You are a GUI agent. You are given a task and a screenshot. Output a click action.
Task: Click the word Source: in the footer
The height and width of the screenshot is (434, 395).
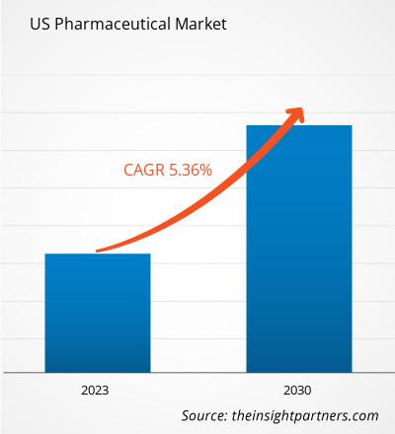[x=210, y=416]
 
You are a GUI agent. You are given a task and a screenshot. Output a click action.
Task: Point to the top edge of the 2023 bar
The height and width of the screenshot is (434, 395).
[x=98, y=254]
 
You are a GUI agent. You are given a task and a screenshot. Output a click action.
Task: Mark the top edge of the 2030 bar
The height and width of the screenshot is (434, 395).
[x=299, y=125]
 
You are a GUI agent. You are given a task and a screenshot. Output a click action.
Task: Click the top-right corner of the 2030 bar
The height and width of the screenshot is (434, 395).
[x=352, y=125]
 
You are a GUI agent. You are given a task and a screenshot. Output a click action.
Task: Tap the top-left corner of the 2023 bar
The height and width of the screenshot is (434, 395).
[x=45, y=254]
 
